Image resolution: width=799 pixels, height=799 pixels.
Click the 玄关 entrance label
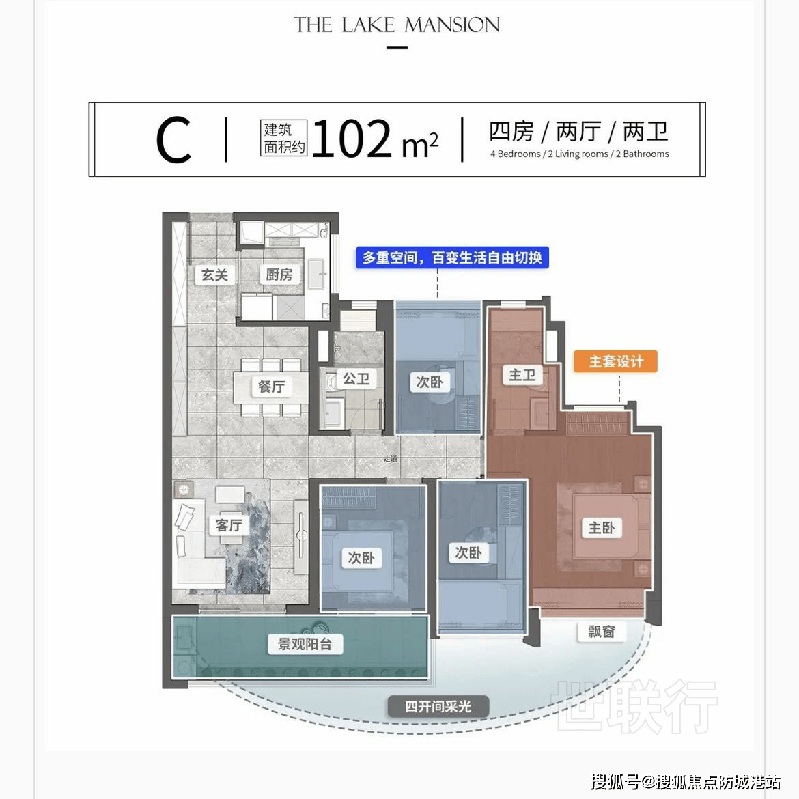click(x=214, y=275)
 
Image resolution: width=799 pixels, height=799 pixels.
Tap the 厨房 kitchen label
click(x=279, y=275)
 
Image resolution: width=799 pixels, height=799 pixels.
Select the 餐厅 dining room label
click(x=271, y=387)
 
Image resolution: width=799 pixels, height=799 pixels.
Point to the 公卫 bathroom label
click(x=356, y=378)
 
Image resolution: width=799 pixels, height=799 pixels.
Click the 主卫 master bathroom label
click(x=522, y=375)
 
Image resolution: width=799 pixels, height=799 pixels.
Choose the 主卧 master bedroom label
click(x=602, y=527)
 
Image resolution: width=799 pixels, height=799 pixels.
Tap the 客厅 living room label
click(x=229, y=525)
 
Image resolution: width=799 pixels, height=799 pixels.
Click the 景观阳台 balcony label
click(x=305, y=644)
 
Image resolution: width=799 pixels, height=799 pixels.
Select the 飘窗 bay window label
click(x=602, y=632)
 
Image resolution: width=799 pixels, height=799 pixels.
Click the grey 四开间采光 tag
click(x=438, y=707)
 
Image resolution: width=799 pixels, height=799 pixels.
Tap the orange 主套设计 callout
click(x=616, y=361)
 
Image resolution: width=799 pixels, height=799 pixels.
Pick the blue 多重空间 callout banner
click(x=452, y=257)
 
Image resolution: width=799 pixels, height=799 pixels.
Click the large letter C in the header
click(x=173, y=140)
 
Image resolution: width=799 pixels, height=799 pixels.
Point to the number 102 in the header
click(x=352, y=138)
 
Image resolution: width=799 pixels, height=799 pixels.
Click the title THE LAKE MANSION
click(x=397, y=25)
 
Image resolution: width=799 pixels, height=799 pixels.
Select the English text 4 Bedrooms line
click(x=579, y=154)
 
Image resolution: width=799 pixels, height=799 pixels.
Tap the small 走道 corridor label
click(x=391, y=459)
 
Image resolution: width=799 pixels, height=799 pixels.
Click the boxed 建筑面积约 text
click(x=284, y=138)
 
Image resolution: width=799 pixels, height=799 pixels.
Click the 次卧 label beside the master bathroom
click(x=430, y=382)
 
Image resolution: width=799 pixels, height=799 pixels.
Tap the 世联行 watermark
click(x=637, y=707)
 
